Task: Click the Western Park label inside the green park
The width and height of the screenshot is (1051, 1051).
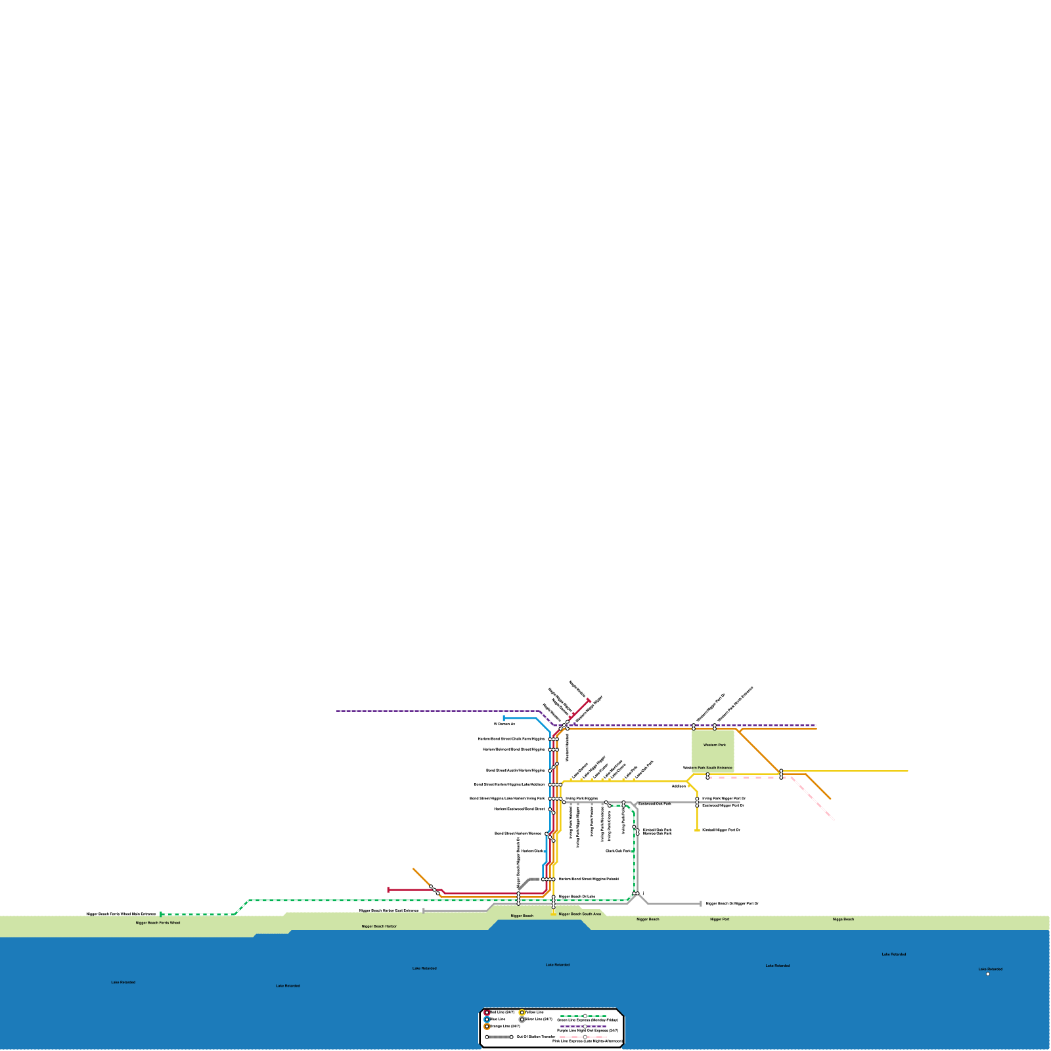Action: (x=714, y=745)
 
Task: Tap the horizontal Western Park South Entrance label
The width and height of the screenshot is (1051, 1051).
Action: (x=707, y=767)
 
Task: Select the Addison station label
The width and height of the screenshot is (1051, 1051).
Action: (x=679, y=786)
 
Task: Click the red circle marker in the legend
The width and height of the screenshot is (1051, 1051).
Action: (x=487, y=1013)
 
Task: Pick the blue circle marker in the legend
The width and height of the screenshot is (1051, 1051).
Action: (x=487, y=1019)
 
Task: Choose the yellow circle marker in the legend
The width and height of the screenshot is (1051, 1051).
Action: (x=522, y=1012)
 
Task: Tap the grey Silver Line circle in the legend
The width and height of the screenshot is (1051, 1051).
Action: (x=522, y=1019)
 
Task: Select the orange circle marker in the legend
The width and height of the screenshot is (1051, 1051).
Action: (x=487, y=1027)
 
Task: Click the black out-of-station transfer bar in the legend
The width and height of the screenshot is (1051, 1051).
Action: (x=499, y=1037)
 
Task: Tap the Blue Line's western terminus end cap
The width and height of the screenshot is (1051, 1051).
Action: (x=504, y=719)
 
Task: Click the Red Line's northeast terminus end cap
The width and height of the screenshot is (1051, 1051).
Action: (x=589, y=701)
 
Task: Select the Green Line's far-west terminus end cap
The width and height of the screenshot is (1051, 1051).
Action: (x=161, y=914)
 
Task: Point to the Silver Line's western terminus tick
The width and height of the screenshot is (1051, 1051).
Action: (x=424, y=910)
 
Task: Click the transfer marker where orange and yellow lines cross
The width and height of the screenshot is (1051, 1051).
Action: (x=781, y=774)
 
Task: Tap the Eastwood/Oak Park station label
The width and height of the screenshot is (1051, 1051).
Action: (x=655, y=803)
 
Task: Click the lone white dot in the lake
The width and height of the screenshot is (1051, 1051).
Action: (x=988, y=974)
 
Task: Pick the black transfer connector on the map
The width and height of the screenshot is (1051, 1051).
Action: (x=525, y=882)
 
